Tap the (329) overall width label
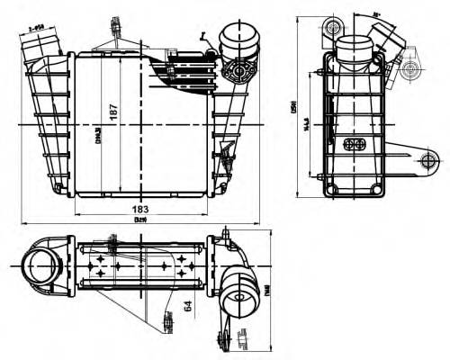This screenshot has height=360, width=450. pyautogui.click(x=139, y=220)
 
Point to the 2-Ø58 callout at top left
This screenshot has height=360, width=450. pyautogui.click(x=37, y=28)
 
